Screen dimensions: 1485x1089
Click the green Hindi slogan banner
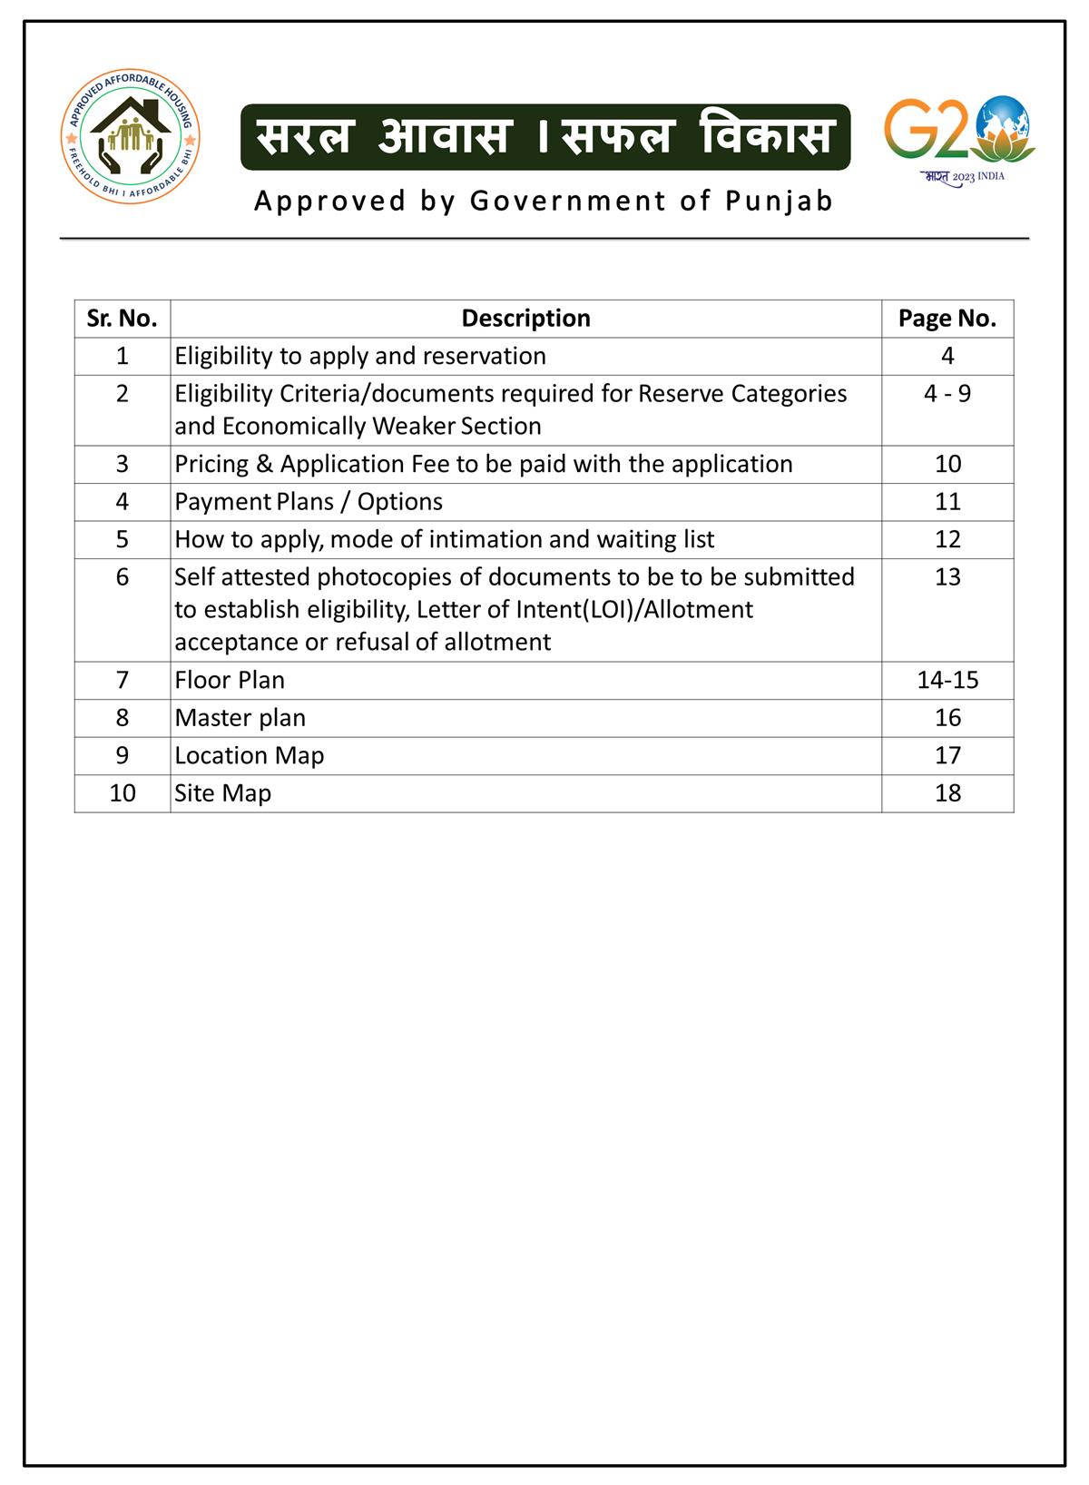click(x=544, y=137)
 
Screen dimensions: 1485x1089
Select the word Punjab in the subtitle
click(x=780, y=201)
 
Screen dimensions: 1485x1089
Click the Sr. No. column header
click(x=122, y=319)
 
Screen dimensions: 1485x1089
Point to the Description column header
click(x=525, y=319)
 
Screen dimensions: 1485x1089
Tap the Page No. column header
click(x=947, y=319)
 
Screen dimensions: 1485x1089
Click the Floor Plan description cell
click(x=230, y=680)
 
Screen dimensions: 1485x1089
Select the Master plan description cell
click(x=240, y=718)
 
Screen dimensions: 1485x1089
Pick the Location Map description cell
click(x=250, y=755)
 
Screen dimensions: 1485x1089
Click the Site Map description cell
click(x=223, y=793)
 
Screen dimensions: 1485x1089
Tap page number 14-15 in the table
click(x=947, y=680)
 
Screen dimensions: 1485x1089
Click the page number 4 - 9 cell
click(x=947, y=394)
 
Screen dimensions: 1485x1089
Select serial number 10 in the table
click(x=123, y=793)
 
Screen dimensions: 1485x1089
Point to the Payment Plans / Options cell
click(x=309, y=502)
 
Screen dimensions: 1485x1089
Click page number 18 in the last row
click(x=947, y=793)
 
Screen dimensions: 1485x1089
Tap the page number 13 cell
click(x=947, y=577)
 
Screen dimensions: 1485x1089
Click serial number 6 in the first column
click(x=123, y=577)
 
